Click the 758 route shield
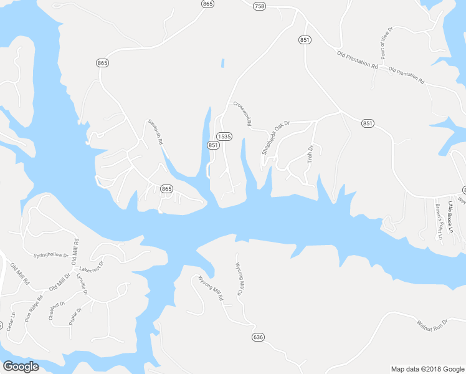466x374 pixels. pyautogui.click(x=259, y=6)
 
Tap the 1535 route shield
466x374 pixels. pyautogui.click(x=224, y=136)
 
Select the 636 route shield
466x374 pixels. pyautogui.click(x=258, y=337)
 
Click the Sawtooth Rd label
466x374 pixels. pyautogui.click(x=155, y=132)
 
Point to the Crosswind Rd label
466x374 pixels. pyautogui.click(x=242, y=114)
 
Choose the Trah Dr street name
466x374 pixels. pyautogui.click(x=310, y=154)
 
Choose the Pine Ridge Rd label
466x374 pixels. pyautogui.click(x=32, y=312)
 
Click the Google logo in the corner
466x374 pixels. pyautogui.click(x=21, y=367)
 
